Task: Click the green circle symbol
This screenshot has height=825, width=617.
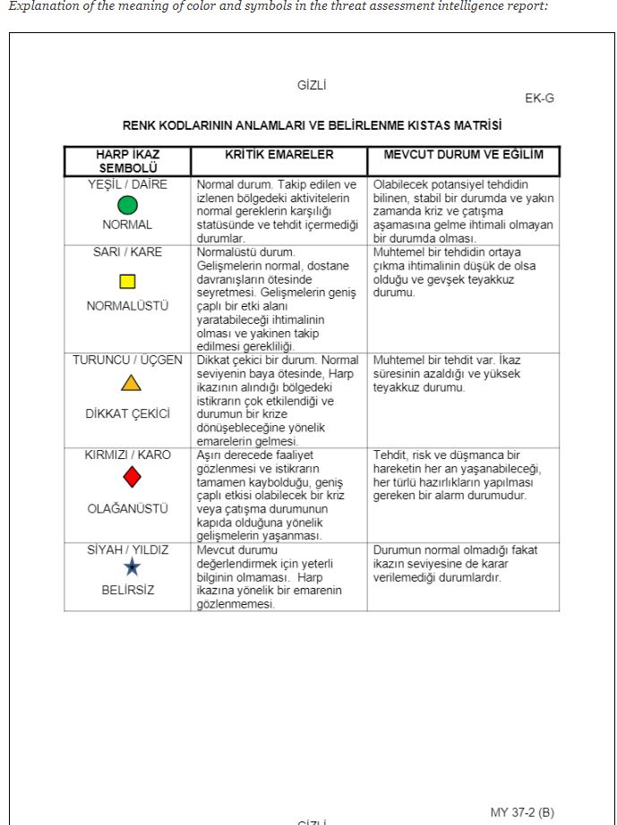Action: click(x=127, y=205)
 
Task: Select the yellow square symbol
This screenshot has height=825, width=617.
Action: click(x=127, y=281)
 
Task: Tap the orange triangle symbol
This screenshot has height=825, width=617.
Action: click(x=131, y=384)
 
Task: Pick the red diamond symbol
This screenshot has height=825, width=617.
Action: click(x=132, y=477)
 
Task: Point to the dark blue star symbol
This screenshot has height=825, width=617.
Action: click(x=132, y=567)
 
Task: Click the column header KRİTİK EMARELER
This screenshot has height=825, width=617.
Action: click(x=279, y=156)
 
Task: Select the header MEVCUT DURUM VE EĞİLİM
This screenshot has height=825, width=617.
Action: click(x=463, y=156)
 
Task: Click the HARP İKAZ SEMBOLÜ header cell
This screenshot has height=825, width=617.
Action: click(x=127, y=161)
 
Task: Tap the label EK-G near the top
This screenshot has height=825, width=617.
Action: click(x=539, y=98)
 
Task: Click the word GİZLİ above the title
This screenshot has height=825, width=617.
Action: click(x=312, y=86)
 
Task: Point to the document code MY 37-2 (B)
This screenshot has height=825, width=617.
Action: click(x=522, y=812)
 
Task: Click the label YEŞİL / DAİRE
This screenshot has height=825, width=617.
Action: click(x=127, y=184)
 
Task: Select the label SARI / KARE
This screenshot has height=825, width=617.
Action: click(x=127, y=252)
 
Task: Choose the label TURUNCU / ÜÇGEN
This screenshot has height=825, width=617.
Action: click(x=127, y=361)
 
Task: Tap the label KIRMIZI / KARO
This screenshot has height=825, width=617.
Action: click(x=127, y=455)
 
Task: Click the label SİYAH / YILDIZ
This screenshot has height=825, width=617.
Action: click(x=127, y=549)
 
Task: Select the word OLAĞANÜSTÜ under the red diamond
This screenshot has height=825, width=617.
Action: click(x=127, y=508)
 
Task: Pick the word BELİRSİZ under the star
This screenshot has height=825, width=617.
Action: click(x=127, y=590)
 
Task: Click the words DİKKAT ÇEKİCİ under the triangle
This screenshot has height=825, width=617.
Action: click(x=127, y=414)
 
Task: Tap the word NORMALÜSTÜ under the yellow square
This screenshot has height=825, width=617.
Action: click(x=127, y=306)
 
